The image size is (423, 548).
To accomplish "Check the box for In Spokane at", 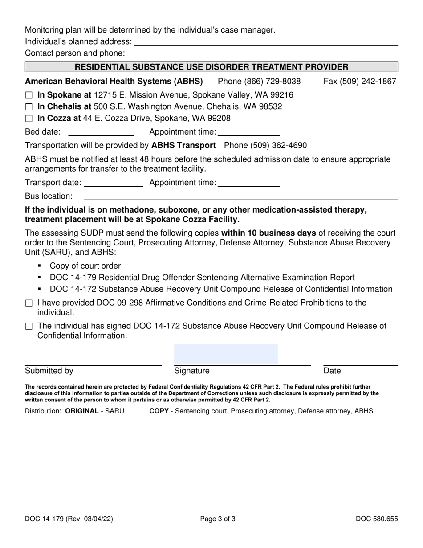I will (x=29, y=95).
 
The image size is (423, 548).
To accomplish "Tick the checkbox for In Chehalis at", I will (x=29, y=107).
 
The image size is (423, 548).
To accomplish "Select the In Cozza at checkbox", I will (x=29, y=119).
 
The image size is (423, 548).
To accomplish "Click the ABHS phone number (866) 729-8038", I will (x=259, y=82).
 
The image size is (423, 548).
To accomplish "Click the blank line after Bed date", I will (x=101, y=132).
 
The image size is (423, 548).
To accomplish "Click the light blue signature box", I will (x=226, y=354).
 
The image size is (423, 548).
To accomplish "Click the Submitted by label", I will (x=49, y=371).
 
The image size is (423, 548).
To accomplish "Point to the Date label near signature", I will (x=332, y=371).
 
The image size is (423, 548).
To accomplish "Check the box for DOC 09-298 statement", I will (x=29, y=303).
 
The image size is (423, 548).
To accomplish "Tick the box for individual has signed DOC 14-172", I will (x=29, y=327).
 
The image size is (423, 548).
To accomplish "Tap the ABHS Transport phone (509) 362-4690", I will (x=265, y=146).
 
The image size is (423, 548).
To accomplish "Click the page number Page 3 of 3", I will (x=218, y=519).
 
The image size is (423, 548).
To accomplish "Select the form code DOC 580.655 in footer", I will (x=377, y=519).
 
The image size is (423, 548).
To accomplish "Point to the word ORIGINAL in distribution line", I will (x=82, y=411).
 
